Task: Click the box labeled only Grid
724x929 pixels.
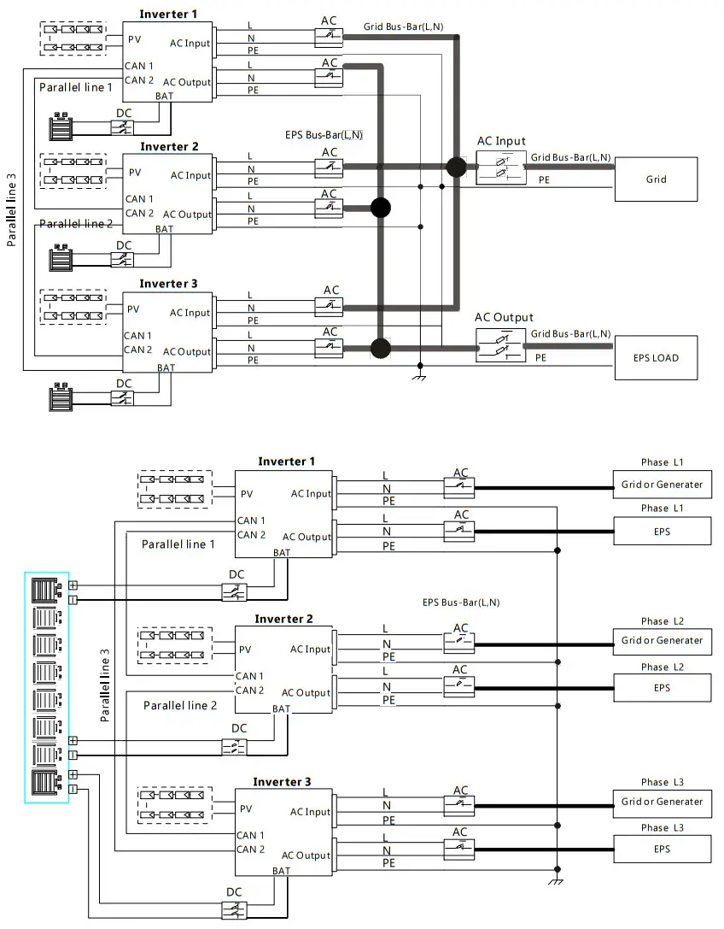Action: click(x=656, y=179)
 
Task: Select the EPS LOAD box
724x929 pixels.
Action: click(x=656, y=358)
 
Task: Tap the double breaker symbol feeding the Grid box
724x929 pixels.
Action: click(x=501, y=168)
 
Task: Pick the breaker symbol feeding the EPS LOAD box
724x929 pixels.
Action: click(x=501, y=345)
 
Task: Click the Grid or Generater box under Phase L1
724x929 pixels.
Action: click(x=662, y=485)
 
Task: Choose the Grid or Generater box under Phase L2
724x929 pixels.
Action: click(x=662, y=640)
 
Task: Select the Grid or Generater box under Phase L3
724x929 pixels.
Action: click(x=662, y=802)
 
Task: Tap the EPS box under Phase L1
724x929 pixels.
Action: click(x=662, y=532)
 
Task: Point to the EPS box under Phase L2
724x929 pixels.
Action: click(x=662, y=688)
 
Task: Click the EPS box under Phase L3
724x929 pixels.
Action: click(x=662, y=849)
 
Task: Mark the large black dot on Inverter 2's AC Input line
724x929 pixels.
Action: click(x=456, y=167)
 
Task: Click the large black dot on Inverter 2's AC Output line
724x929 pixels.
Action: click(x=381, y=208)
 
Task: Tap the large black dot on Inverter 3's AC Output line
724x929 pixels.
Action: click(x=381, y=348)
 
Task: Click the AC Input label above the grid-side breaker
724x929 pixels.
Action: click(x=501, y=141)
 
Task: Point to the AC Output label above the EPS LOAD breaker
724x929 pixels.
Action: click(x=504, y=318)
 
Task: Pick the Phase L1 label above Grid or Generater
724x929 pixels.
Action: click(x=662, y=462)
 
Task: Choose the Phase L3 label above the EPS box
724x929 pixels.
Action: click(x=662, y=827)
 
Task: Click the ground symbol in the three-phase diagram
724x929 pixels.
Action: click(x=557, y=880)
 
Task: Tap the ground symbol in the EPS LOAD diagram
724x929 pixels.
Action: click(x=420, y=376)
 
